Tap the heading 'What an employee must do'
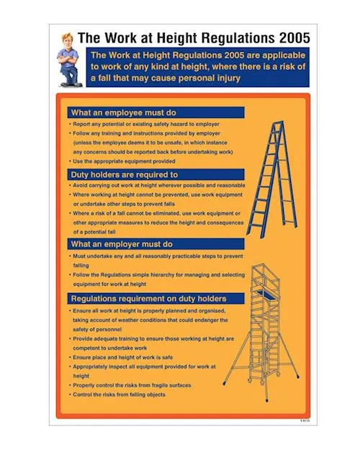point(123,113)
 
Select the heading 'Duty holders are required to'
point(124,175)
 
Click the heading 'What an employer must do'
point(121,245)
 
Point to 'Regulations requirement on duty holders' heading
point(148,298)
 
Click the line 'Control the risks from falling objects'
point(119,395)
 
